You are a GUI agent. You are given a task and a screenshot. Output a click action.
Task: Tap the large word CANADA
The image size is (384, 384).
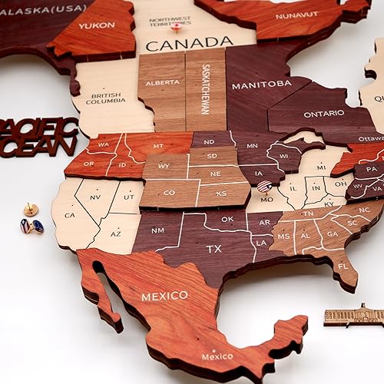[189, 45]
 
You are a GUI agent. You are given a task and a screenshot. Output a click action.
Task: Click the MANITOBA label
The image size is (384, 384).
[261, 83]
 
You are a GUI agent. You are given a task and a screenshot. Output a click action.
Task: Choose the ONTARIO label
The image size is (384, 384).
[324, 114]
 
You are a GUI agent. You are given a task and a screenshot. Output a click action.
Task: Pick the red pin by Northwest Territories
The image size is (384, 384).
[177, 27]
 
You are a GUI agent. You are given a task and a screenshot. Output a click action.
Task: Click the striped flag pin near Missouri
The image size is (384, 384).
[263, 186]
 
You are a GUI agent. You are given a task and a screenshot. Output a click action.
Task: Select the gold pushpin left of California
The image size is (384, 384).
[30, 208]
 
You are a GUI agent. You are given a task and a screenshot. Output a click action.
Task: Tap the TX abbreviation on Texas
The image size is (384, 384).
[214, 249]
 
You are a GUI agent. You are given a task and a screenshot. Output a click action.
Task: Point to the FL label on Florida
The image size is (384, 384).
[343, 266]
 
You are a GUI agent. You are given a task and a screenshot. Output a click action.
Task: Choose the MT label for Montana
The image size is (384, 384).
[159, 145]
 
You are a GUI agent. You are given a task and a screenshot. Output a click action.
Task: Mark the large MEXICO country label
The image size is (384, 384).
[164, 296]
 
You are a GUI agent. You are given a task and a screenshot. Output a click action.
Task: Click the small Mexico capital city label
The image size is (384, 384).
[217, 356]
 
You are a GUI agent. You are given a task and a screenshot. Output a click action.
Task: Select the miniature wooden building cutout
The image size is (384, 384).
[353, 315]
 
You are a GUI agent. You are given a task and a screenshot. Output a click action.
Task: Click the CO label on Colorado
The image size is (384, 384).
[169, 193]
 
